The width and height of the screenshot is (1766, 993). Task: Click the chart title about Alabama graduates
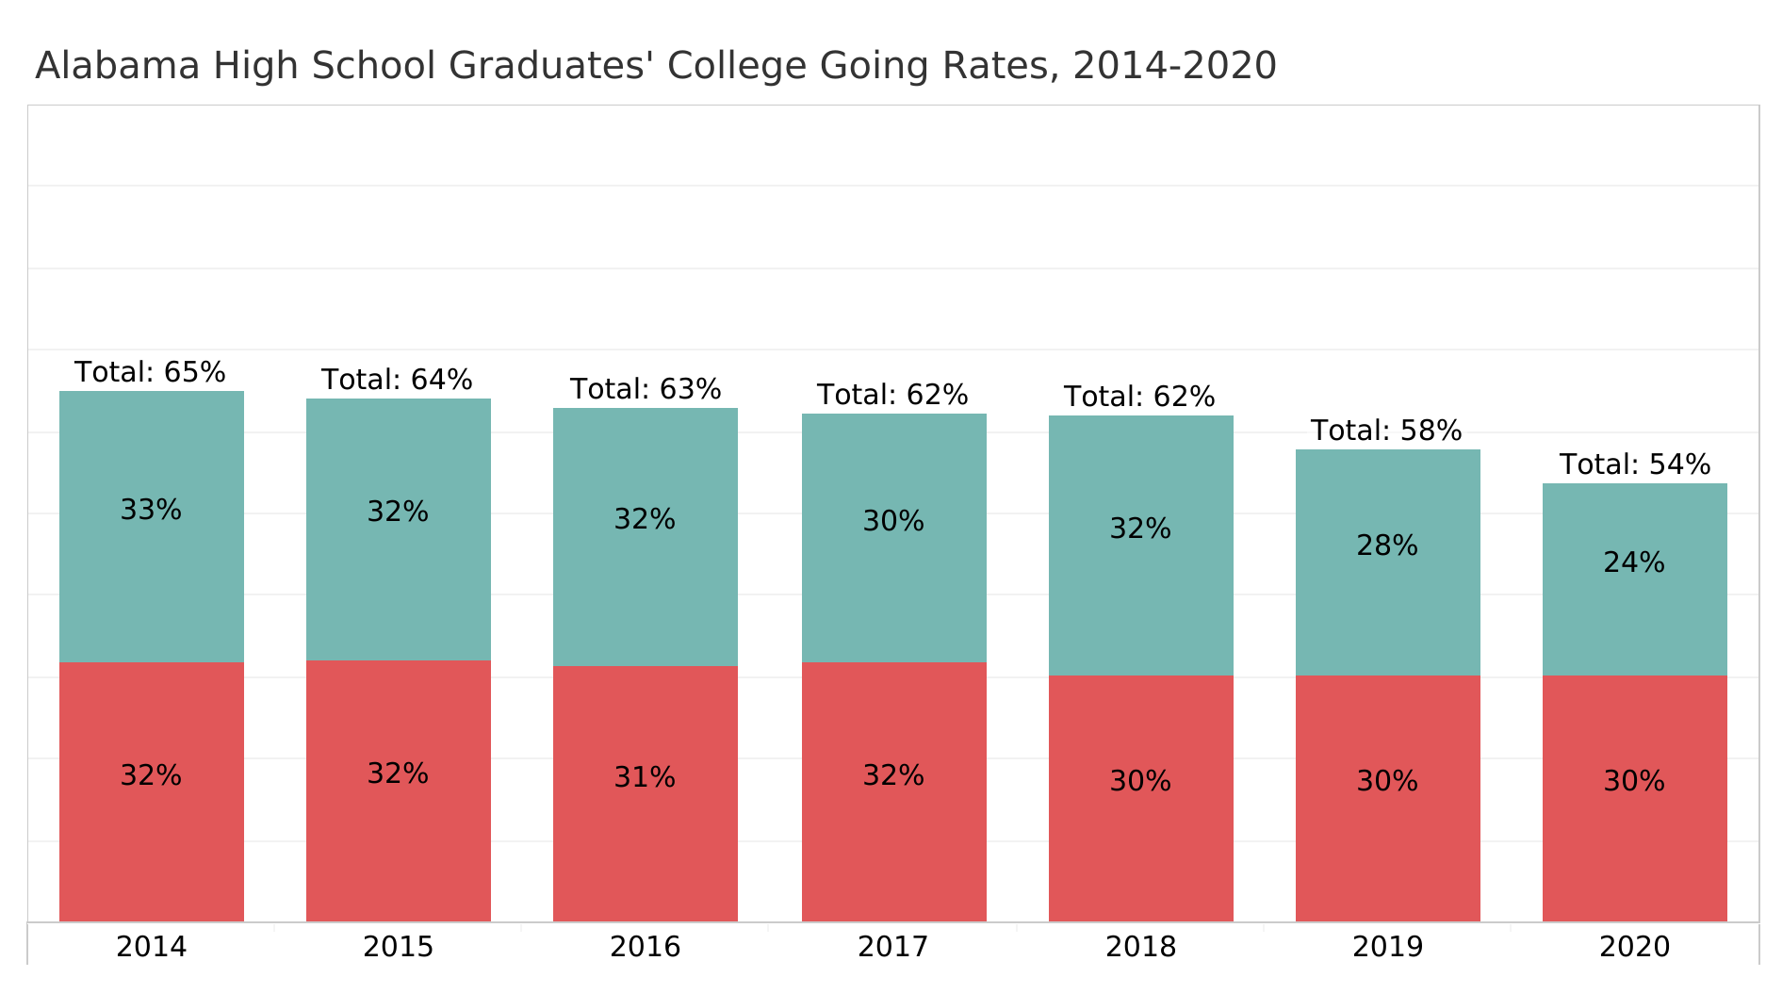tap(655, 66)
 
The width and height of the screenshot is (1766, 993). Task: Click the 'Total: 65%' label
tap(151, 372)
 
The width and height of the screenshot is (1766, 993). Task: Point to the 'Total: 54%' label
tap(1634, 464)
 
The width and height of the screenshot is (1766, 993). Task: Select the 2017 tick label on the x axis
tap(892, 946)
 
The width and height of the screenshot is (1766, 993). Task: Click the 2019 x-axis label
tap(1387, 946)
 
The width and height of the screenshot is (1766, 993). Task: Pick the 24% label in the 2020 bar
tap(1634, 562)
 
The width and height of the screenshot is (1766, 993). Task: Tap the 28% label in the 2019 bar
tap(1387, 545)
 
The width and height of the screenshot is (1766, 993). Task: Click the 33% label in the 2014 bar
tap(151, 510)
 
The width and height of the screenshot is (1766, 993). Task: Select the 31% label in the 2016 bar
tap(645, 777)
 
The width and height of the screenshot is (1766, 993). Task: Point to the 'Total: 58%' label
tap(1386, 431)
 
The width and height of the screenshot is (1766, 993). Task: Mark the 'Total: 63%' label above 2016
tap(646, 389)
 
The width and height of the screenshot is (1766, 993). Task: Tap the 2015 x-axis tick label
tap(398, 946)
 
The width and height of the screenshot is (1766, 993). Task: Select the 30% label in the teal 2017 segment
tap(893, 521)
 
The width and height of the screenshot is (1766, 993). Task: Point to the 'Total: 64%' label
tap(397, 380)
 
